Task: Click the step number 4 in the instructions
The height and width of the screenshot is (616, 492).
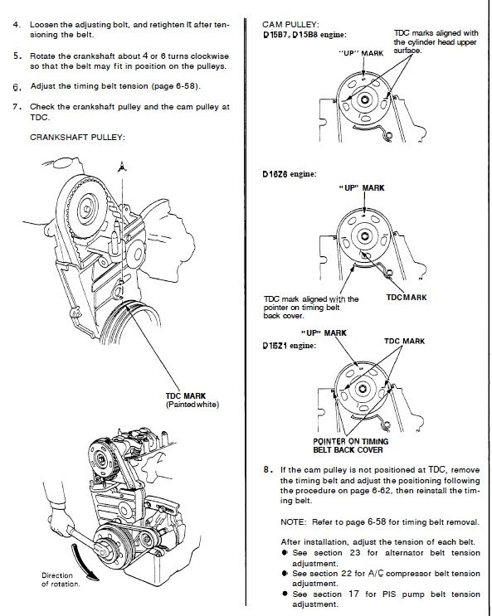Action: (x=16, y=24)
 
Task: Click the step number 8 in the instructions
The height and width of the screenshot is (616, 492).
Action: (x=267, y=469)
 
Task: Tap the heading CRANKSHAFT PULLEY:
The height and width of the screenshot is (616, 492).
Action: (x=77, y=137)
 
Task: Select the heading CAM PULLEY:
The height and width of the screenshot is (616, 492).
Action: (x=290, y=24)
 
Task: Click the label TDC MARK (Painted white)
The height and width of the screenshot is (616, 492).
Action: (x=192, y=400)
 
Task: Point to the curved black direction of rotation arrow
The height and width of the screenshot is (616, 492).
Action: (x=82, y=560)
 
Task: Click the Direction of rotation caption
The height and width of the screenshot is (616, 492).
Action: (x=61, y=580)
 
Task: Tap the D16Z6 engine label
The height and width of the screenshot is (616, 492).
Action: (x=289, y=173)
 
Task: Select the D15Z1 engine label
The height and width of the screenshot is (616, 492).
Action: (x=289, y=346)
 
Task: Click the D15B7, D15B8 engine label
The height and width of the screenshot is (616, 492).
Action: (x=304, y=35)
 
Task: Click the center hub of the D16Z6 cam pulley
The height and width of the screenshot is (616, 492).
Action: (x=364, y=236)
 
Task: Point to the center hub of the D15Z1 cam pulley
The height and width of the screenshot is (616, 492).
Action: (x=363, y=389)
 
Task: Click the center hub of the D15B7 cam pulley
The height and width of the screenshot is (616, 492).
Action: (x=364, y=99)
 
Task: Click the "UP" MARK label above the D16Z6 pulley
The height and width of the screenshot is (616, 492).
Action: (x=362, y=188)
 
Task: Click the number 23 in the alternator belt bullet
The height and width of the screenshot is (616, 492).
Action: (x=355, y=553)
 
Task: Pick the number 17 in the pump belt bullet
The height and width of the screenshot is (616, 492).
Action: (x=354, y=594)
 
